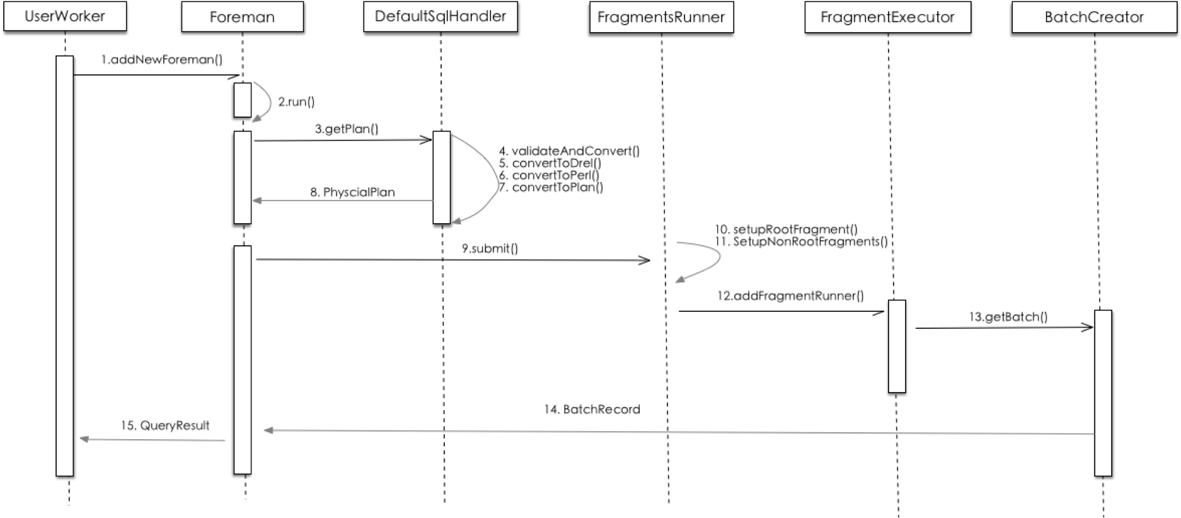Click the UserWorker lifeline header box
point(65,16)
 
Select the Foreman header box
point(242,17)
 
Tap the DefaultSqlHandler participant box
point(440,16)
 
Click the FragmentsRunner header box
point(661,17)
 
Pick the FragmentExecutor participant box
point(887,17)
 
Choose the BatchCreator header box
point(1093,17)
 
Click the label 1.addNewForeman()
point(162,60)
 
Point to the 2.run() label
point(296,101)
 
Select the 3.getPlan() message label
point(347,129)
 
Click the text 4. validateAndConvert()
point(569,151)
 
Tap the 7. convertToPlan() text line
point(551,187)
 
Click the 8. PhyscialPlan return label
point(352,192)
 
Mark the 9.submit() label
point(490,248)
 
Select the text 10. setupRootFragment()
point(786,229)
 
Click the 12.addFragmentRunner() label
point(790,296)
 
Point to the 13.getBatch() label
point(1008,317)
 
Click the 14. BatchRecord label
point(592,410)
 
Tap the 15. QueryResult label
point(165,426)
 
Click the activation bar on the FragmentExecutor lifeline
point(897,346)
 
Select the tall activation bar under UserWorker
point(65,265)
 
